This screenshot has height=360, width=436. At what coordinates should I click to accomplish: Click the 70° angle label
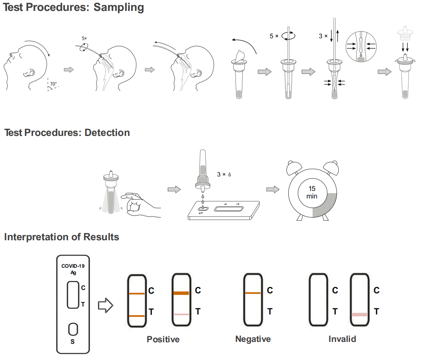click(54, 84)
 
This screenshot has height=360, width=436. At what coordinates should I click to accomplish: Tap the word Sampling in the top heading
click(118, 7)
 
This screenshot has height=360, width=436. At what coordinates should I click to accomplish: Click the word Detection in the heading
click(107, 133)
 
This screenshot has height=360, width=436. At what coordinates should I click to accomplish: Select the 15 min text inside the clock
click(312, 192)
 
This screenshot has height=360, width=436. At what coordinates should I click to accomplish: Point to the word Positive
click(163, 339)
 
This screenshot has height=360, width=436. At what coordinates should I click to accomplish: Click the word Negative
click(253, 339)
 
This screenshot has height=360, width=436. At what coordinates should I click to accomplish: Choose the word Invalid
click(342, 339)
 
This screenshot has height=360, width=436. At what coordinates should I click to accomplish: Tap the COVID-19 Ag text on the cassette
click(73, 269)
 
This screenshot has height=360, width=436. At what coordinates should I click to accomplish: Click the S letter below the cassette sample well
click(73, 342)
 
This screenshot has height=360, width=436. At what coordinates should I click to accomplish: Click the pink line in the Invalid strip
click(359, 314)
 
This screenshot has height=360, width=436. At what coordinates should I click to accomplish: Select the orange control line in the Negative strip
click(253, 293)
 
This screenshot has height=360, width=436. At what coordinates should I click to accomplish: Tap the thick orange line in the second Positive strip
click(181, 293)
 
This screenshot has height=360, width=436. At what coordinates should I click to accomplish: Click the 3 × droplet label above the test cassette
click(223, 175)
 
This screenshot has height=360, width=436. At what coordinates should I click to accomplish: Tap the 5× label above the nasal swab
click(84, 38)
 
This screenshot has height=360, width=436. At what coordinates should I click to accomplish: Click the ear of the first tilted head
click(29, 72)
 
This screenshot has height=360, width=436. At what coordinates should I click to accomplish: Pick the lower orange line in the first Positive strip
click(136, 316)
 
